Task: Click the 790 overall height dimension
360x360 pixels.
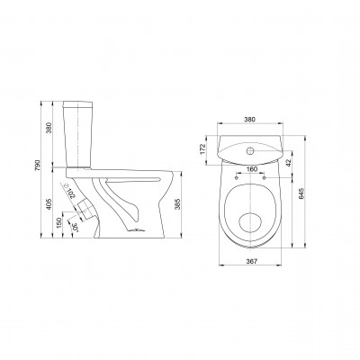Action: click(38, 166)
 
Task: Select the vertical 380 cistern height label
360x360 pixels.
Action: click(49, 128)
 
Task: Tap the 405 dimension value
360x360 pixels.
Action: click(49, 204)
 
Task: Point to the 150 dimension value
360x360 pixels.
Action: click(59, 222)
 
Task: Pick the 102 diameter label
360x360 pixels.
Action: click(71, 193)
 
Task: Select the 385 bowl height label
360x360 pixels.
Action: click(177, 204)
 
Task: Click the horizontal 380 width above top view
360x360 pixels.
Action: click(249, 120)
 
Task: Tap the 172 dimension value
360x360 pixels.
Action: click(202, 149)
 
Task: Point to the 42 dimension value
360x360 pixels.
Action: click(288, 163)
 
